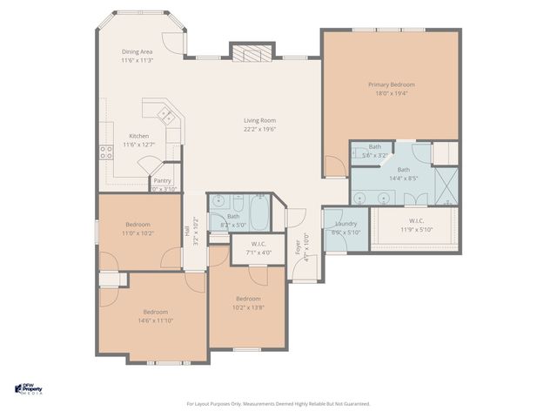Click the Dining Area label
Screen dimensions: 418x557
point(137,52)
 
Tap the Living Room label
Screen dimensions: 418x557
point(258,120)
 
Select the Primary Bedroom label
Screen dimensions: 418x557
point(391,84)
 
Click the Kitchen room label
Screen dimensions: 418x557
point(139,136)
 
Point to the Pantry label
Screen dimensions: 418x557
point(163,180)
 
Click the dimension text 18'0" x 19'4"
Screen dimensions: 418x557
point(391,93)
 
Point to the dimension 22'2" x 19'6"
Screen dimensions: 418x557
point(258,129)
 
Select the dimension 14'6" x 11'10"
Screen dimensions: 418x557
point(156,320)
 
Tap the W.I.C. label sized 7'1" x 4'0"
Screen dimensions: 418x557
point(258,244)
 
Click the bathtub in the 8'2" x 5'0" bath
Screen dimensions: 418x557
point(259,210)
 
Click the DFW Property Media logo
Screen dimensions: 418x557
point(31,389)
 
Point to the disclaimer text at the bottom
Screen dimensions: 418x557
point(278,404)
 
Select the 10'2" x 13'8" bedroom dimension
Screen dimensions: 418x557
point(248,307)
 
